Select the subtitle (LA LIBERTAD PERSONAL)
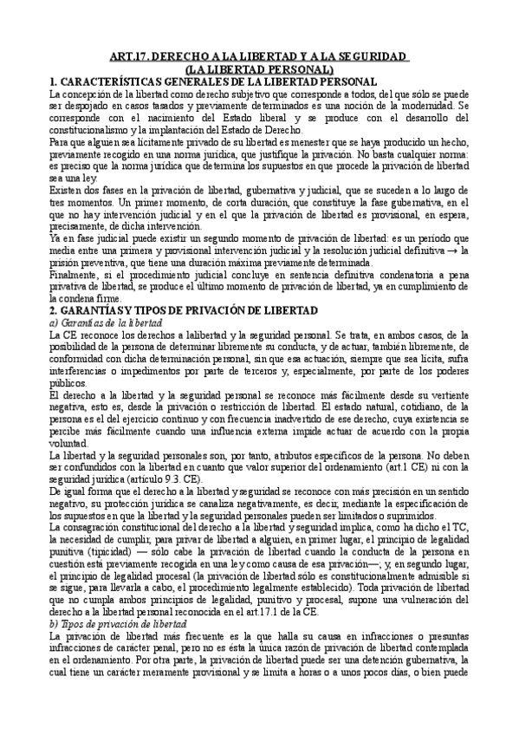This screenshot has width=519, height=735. [x=260, y=69]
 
